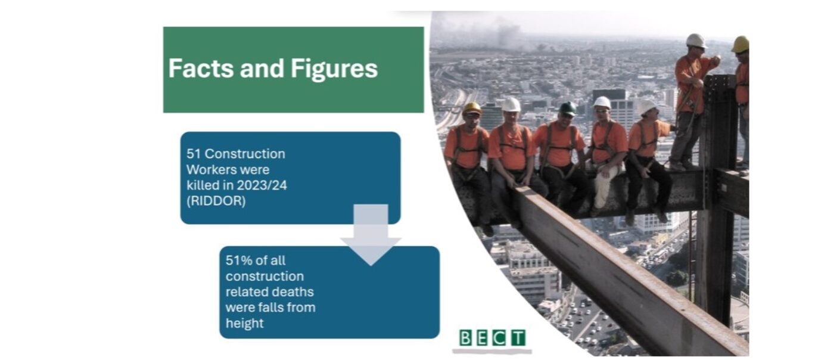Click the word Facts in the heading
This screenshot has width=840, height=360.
201,68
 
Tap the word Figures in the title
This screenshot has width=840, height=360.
334,69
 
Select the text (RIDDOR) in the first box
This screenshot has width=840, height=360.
216,201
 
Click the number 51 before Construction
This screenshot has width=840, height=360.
194,154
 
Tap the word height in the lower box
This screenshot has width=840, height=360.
244,323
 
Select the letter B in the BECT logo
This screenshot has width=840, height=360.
465,338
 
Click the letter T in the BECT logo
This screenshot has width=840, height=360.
519,338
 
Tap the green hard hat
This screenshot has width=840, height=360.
568,108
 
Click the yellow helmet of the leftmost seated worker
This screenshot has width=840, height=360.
472,108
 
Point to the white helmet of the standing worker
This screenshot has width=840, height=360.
696,41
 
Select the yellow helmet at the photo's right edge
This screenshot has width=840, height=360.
741,44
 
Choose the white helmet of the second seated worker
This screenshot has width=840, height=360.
511,104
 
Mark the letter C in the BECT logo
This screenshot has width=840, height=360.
499,338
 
